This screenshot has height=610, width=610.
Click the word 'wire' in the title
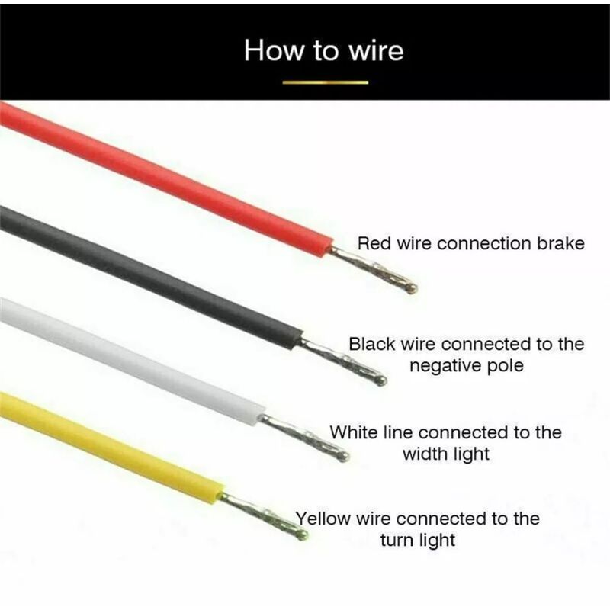tap(376, 51)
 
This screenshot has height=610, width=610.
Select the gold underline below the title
tap(326, 82)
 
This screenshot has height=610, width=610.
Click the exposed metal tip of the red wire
tap(374, 269)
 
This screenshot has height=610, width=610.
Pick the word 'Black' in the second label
tap(371, 345)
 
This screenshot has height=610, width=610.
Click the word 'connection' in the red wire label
tap(484, 243)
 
